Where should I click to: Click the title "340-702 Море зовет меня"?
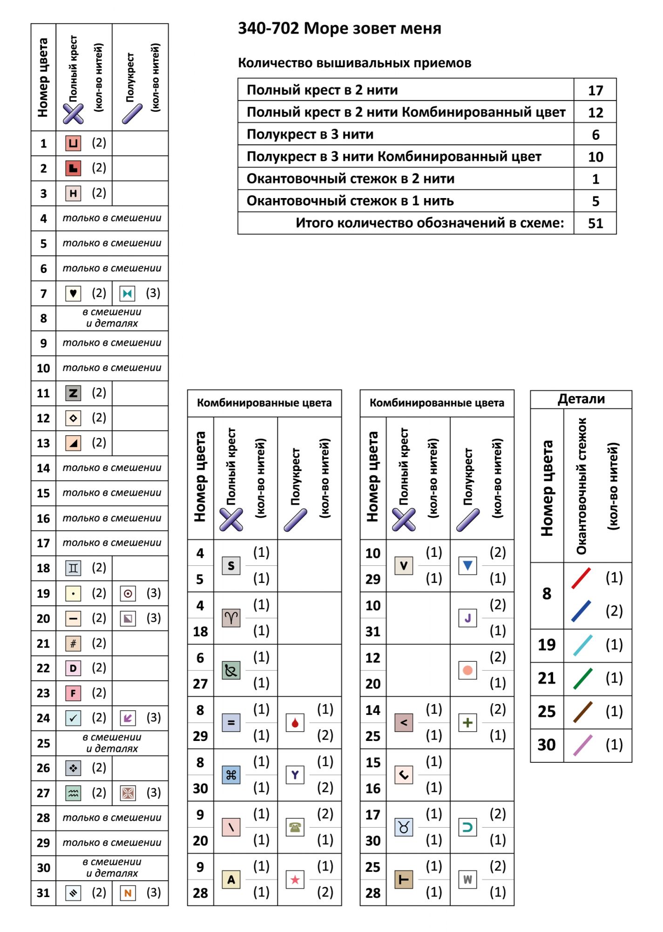(339, 29)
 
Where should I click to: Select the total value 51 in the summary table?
(595, 223)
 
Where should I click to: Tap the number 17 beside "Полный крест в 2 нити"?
(595, 90)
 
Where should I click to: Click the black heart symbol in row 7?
(73, 294)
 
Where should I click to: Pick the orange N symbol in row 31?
(128, 893)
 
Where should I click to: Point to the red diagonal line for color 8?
(581, 578)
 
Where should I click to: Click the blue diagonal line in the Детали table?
(581, 611)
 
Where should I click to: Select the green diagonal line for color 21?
(582, 678)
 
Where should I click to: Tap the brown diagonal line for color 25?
(582, 712)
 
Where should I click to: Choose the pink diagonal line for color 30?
(582, 745)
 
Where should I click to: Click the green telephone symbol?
(295, 827)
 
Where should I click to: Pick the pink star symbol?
(295, 880)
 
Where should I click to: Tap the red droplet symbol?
(295, 723)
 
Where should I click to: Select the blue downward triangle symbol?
(468, 566)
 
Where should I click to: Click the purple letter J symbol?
(468, 618)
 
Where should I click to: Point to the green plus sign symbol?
(468, 723)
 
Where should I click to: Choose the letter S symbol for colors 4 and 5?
(231, 566)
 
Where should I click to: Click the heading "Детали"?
(581, 399)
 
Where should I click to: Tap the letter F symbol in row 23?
(73, 693)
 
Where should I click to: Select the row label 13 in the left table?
(43, 443)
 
